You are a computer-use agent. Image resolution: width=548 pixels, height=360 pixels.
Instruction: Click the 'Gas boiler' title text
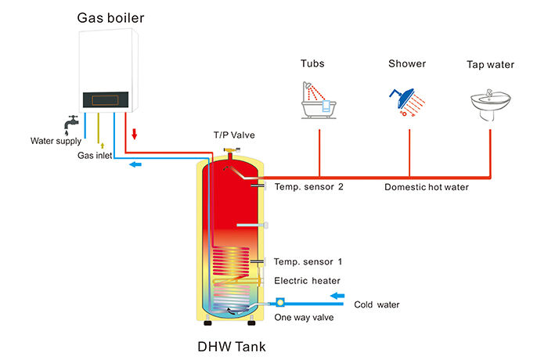(x=110, y=17)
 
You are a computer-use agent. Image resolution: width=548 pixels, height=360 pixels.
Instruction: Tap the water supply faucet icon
(x=71, y=124)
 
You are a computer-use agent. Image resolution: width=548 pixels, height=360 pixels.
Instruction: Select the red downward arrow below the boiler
(x=135, y=134)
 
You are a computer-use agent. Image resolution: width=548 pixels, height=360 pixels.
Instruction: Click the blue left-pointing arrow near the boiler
(x=135, y=164)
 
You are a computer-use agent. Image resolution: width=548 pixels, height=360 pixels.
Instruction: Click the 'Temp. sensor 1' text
(x=308, y=261)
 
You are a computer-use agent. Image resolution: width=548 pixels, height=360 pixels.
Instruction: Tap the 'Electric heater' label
(x=307, y=280)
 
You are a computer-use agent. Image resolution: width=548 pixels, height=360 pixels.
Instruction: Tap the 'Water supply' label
(x=56, y=142)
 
